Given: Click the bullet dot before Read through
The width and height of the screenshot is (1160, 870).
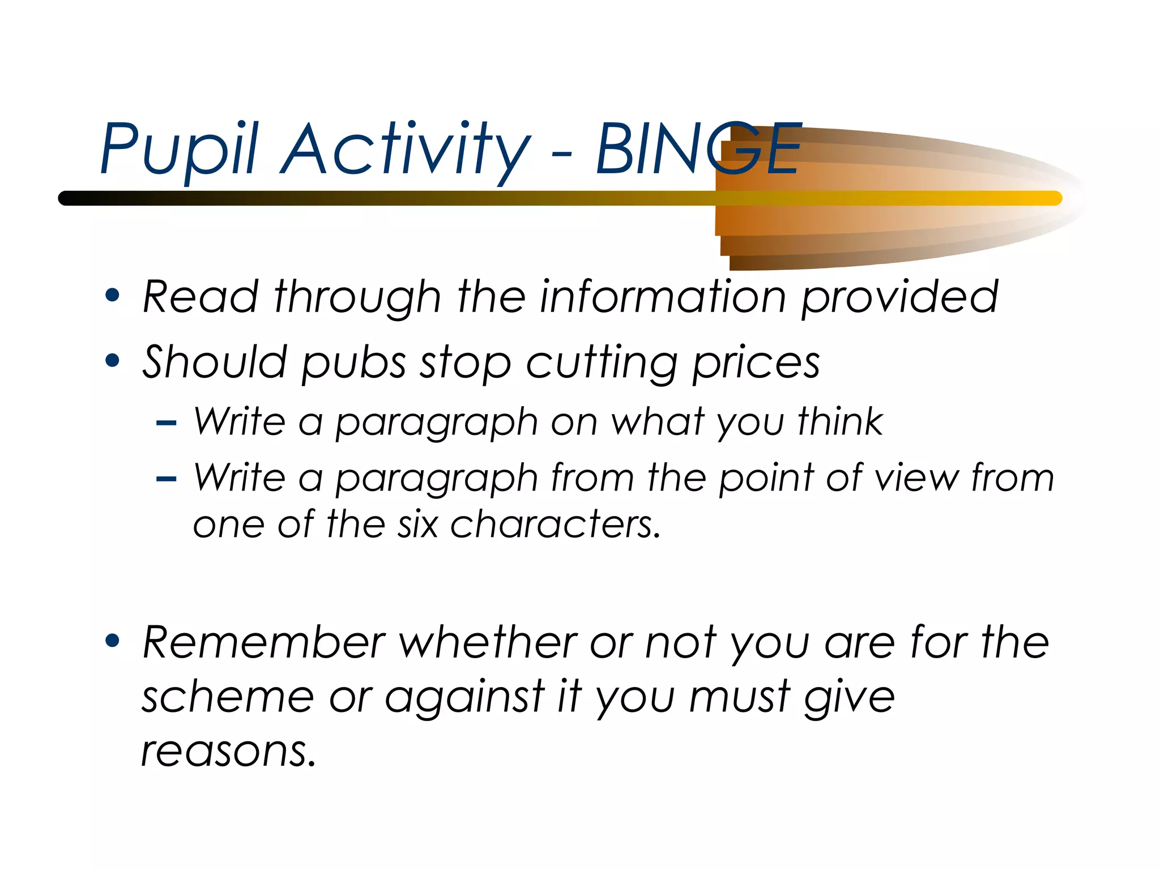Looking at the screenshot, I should [x=112, y=295].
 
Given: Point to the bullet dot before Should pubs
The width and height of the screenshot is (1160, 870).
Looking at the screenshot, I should [x=112, y=361].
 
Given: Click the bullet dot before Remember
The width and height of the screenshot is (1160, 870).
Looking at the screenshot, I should [x=112, y=641].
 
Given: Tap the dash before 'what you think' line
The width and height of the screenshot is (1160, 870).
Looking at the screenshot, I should [x=166, y=423].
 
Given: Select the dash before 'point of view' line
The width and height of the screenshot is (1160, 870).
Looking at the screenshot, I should [x=166, y=479].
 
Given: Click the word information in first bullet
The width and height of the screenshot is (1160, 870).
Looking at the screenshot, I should [x=663, y=296].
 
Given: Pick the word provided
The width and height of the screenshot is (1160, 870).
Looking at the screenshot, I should [x=899, y=296].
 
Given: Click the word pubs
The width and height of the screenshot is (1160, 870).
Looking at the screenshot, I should [x=353, y=362].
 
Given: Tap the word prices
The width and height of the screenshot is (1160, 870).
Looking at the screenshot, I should [x=756, y=362].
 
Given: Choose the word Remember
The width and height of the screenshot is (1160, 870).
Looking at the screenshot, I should [x=264, y=642].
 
